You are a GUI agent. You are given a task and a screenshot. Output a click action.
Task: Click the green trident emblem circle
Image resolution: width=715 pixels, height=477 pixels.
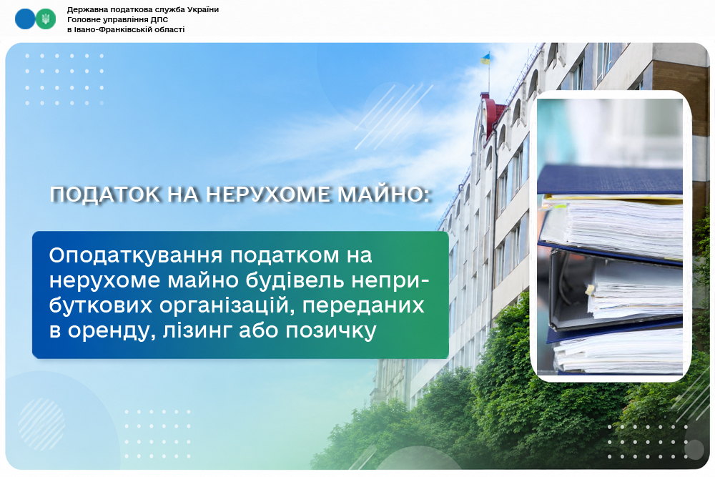click(x=46, y=19)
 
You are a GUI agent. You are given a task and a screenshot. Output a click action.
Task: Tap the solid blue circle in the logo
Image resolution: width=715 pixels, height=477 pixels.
click(x=25, y=19)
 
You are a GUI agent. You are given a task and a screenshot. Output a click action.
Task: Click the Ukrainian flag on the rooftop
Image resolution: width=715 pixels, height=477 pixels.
click(x=485, y=59)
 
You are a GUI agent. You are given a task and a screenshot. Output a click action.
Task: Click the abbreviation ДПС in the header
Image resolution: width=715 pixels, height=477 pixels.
click(x=159, y=19)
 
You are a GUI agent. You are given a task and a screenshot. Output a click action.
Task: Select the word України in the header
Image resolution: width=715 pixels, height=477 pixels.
click(x=203, y=9)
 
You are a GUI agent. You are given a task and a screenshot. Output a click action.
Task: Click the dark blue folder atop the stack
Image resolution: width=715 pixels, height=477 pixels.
click(x=610, y=180)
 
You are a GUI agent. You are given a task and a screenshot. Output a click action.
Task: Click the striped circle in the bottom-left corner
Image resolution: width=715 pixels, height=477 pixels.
click(x=41, y=424)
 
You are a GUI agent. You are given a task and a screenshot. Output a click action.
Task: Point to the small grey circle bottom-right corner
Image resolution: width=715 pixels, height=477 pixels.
click(x=694, y=450)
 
